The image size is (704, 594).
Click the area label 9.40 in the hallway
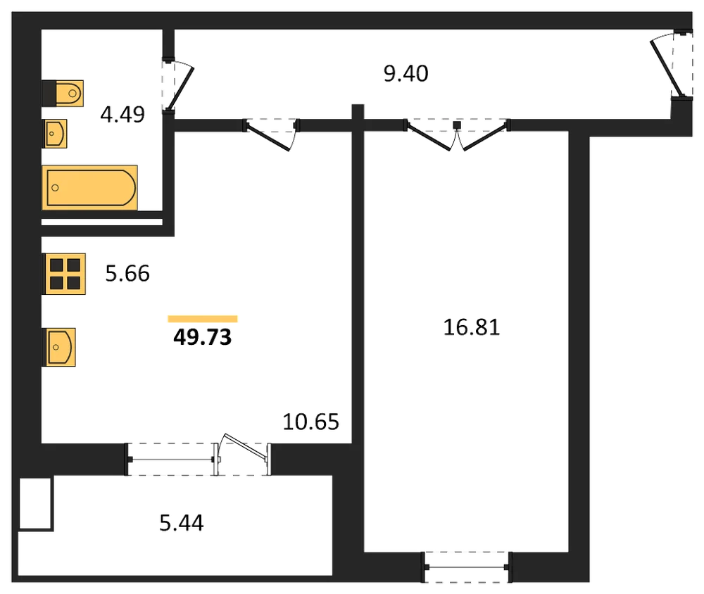coord(406,74)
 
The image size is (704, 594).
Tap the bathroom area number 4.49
coord(122,115)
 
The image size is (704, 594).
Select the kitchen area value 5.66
coord(127,274)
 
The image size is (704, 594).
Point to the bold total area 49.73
coord(203,336)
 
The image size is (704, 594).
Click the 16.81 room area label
coord(472,327)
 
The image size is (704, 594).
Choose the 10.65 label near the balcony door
coord(310,422)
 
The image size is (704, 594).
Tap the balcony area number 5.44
coord(182,523)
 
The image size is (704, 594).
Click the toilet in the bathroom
coord(63,94)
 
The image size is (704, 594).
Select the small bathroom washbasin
coord(54,133)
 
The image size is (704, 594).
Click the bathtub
coord(90,187)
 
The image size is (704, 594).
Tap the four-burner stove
coord(64,274)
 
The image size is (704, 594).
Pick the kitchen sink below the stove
coord(59,347)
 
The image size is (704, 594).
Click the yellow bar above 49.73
coord(203,319)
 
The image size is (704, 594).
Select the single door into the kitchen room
coord(268,137)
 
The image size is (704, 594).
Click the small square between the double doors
coord(457,125)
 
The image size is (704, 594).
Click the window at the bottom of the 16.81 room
coord(467,567)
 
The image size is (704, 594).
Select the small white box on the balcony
coord(35,503)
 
